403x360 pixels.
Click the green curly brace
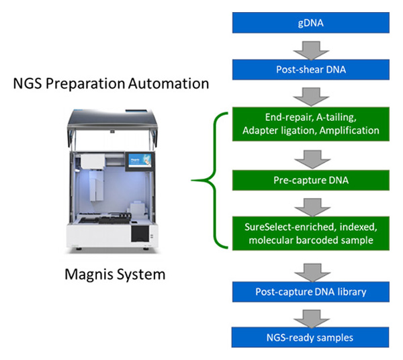pyautogui.click(x=205, y=179)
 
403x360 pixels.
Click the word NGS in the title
pyautogui.click(x=27, y=84)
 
